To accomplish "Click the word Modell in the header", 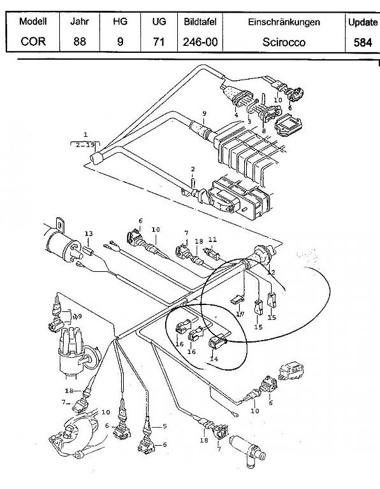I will coord(33,22).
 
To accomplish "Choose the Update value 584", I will coord(362,45).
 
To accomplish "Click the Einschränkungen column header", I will coord(284,22).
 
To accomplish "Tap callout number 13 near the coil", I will coord(88,234).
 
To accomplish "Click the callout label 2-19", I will coord(85,145).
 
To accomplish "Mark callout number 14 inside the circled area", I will coord(214,358).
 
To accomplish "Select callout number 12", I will coord(271,273).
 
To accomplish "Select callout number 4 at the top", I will coord(236,115).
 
